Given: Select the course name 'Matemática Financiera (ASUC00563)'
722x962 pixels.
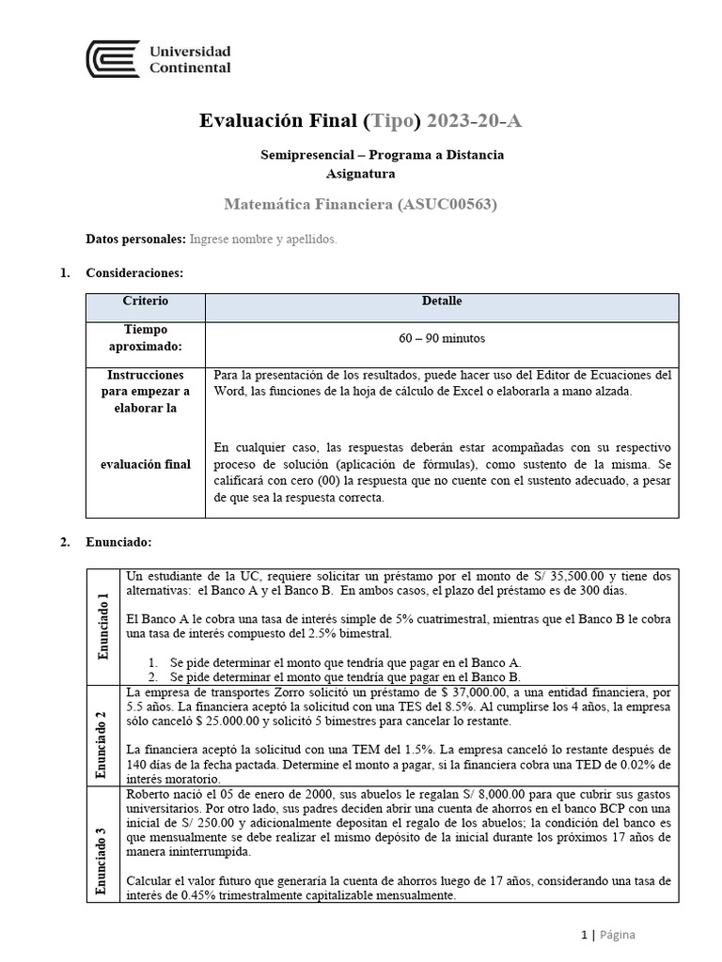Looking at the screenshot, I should [x=360, y=204].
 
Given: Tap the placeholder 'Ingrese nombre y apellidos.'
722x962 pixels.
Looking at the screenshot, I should [x=263, y=240].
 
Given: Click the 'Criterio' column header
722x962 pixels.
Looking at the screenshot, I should [x=145, y=302].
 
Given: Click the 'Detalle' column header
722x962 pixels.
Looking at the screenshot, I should [x=442, y=302].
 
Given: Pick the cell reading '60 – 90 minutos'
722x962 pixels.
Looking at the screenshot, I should [x=442, y=338].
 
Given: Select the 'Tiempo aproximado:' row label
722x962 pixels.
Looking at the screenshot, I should [x=145, y=338].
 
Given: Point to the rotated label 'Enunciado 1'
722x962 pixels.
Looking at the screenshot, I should [x=103, y=626].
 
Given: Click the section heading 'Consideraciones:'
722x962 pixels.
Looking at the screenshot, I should [x=134, y=273].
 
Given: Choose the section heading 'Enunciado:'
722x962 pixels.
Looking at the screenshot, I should [x=118, y=542].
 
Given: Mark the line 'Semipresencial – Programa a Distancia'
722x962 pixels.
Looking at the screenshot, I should [x=382, y=154].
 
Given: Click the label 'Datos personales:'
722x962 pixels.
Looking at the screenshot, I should [x=135, y=240].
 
